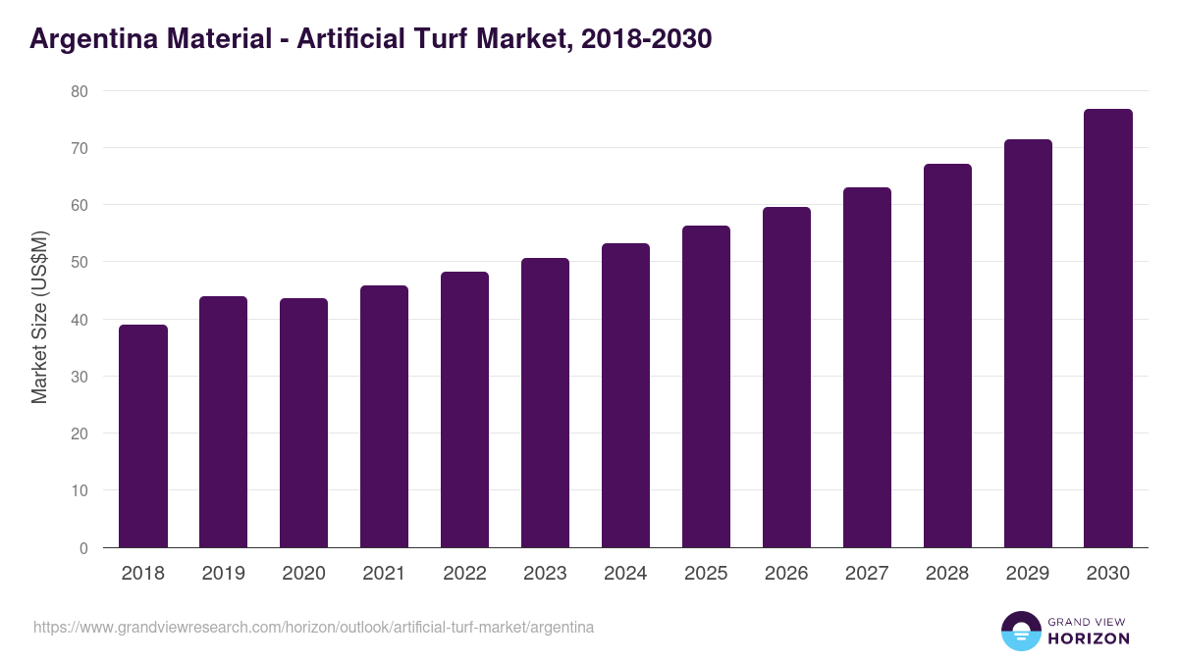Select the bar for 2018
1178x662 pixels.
(x=143, y=436)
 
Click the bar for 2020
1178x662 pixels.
(x=304, y=423)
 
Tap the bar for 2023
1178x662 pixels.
(x=546, y=403)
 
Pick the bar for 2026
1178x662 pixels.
(x=787, y=378)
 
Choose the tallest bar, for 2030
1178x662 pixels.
(x=1108, y=329)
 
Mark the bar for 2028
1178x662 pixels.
(x=948, y=356)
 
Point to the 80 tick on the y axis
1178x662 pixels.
(x=79, y=91)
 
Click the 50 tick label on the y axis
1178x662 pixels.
(x=79, y=263)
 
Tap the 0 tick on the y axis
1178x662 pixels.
(x=83, y=548)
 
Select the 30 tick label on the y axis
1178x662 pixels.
(x=79, y=377)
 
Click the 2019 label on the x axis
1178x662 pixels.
(x=224, y=574)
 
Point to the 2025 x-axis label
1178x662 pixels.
(x=707, y=574)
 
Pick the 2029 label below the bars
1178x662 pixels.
(x=1028, y=574)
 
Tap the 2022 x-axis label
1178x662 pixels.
(x=465, y=574)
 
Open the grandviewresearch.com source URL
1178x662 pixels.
(x=314, y=627)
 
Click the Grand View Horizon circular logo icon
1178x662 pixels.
(x=1021, y=631)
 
